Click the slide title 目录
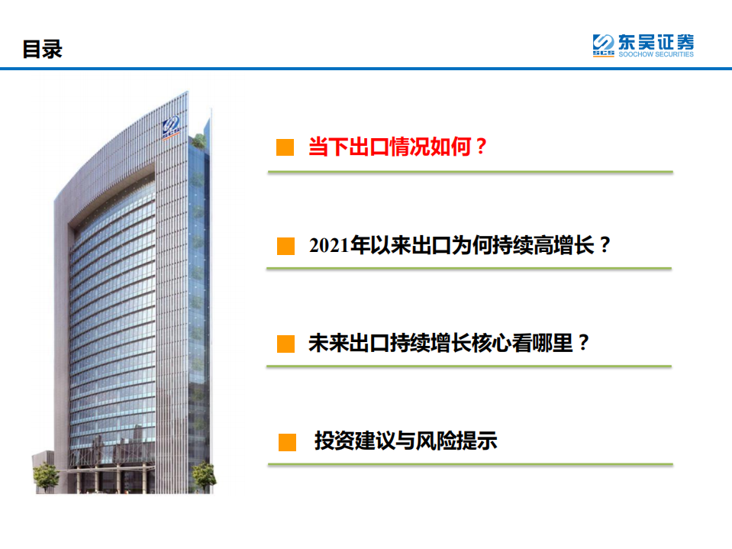(x=42, y=50)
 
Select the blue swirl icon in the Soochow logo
(x=603, y=42)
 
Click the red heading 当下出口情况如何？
(x=397, y=147)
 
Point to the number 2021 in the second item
(x=326, y=246)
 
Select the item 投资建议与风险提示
(x=405, y=441)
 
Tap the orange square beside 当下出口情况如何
(x=285, y=147)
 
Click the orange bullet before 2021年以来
(x=285, y=246)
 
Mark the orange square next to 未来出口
(x=285, y=344)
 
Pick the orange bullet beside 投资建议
(x=287, y=441)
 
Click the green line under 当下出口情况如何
(x=469, y=172)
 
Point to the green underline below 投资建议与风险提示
(x=469, y=463)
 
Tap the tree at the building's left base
(x=46, y=476)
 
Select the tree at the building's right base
(x=202, y=475)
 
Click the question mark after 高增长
(x=605, y=246)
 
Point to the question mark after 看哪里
(x=583, y=343)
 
